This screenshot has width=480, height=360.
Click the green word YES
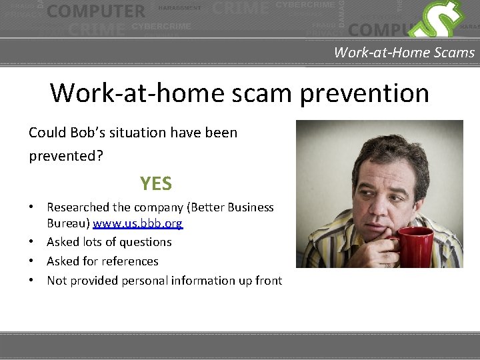[x=156, y=183]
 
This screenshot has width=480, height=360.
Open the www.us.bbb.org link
[x=137, y=223]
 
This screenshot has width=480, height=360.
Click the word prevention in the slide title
[x=364, y=93]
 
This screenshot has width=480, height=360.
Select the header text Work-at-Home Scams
[x=404, y=53]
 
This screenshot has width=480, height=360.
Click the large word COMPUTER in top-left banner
[x=96, y=11]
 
